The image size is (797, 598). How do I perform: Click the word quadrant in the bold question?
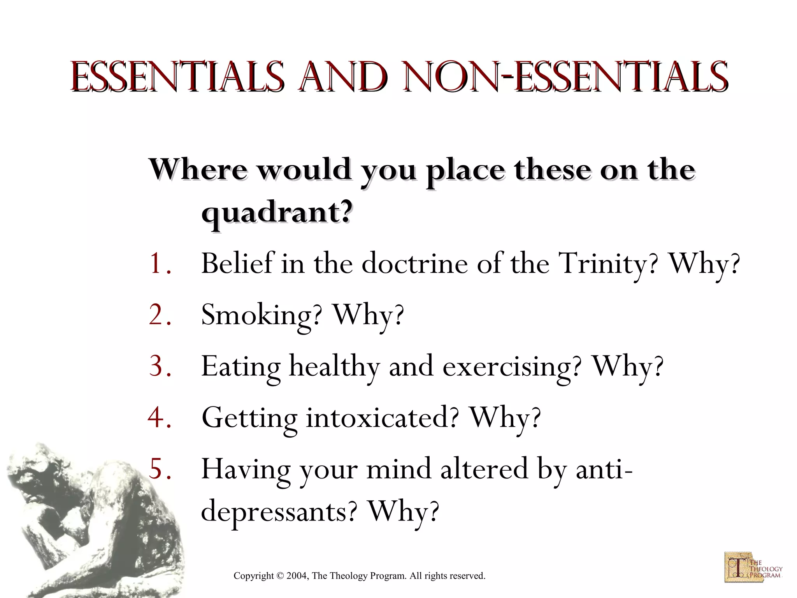(x=277, y=213)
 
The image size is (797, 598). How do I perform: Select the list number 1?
(x=160, y=264)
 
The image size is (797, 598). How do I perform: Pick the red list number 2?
(x=160, y=315)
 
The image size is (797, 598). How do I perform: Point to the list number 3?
(x=160, y=366)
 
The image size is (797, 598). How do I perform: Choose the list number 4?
(x=160, y=417)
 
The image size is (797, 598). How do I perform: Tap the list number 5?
(x=160, y=468)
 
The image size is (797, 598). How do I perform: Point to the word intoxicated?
(x=382, y=418)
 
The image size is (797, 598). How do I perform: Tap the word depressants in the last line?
(x=279, y=512)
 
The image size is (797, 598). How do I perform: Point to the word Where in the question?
(x=198, y=169)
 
